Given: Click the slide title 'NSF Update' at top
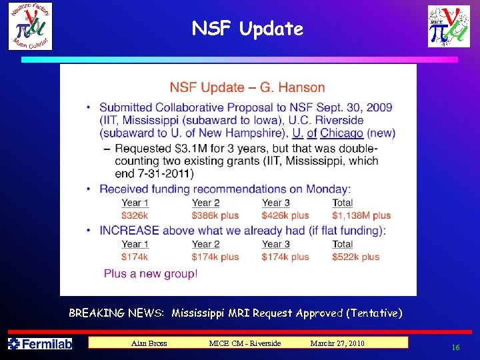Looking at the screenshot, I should click(247, 29).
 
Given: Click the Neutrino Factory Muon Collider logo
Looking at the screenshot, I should click(31, 26).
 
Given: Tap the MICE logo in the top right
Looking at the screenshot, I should click(449, 27).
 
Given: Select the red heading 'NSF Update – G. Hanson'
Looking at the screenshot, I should click(247, 87).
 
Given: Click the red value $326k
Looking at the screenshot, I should click(135, 215).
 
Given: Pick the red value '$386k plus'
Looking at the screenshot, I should click(215, 215).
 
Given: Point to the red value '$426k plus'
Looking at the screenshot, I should click(285, 215).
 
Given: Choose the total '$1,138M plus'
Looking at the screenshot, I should click(361, 215).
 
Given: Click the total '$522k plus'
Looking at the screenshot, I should click(356, 257).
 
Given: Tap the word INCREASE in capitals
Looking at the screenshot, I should click(129, 230).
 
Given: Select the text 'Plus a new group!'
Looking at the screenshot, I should click(151, 273).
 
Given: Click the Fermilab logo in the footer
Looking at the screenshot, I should click(40, 343).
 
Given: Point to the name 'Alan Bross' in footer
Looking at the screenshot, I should click(149, 343).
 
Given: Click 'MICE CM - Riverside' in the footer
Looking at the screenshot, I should click(245, 343).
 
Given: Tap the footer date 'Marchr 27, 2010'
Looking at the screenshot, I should click(337, 343).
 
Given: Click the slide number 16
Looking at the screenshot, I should click(456, 347).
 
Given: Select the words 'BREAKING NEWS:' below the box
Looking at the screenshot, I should click(117, 313).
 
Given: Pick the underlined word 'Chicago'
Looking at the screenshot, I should click(341, 133).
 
